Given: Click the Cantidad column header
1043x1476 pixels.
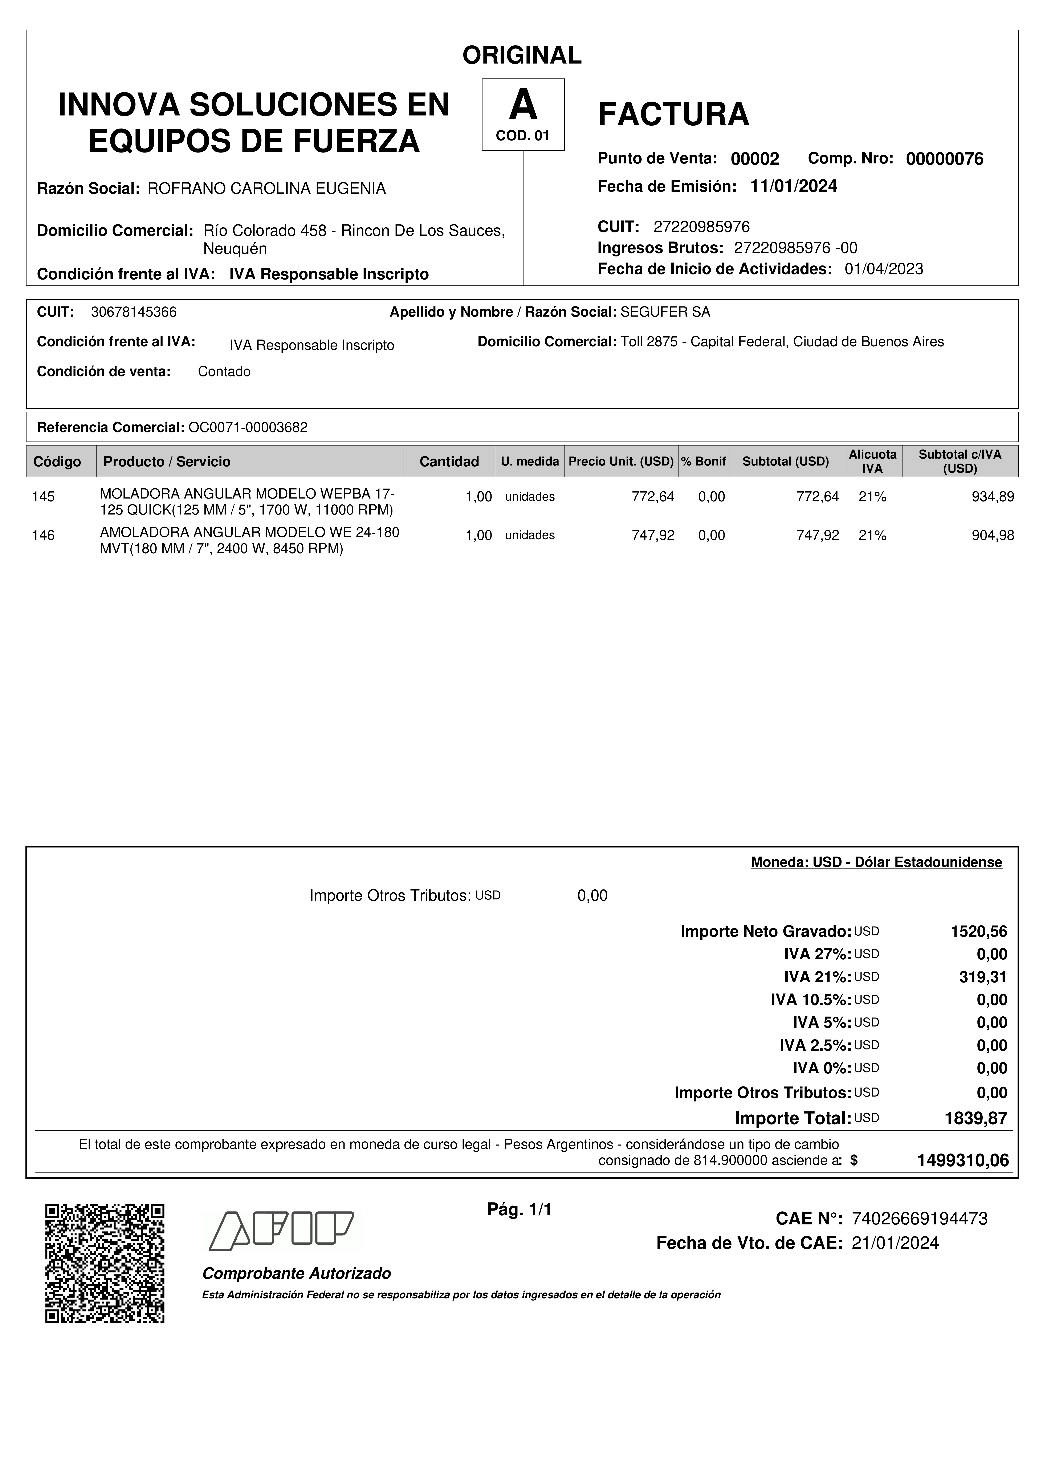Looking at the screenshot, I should [449, 461].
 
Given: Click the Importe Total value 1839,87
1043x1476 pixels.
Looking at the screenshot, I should [975, 1118].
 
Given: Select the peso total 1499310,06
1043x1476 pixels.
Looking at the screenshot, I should [963, 1160].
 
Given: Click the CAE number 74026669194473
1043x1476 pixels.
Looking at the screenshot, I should [919, 1218].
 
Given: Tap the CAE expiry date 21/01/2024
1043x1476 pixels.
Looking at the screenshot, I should [895, 1243].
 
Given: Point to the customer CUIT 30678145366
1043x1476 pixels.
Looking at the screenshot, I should [134, 312].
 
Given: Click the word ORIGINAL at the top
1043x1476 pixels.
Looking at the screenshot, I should [522, 55].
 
